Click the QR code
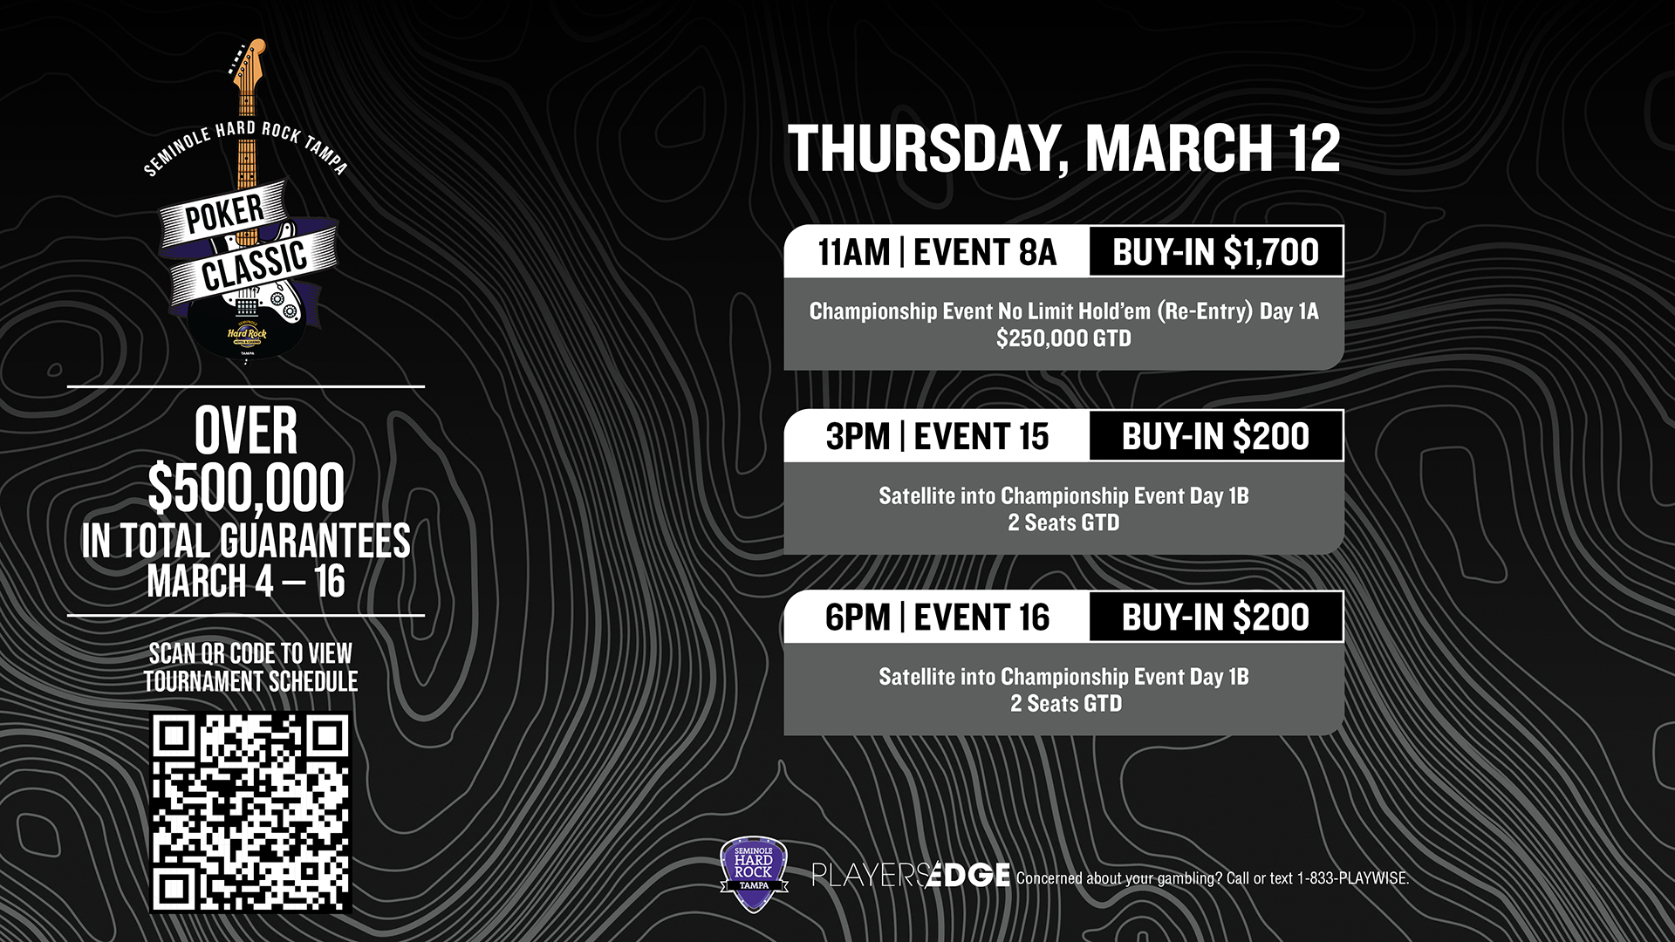[251, 813]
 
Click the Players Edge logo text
[911, 875]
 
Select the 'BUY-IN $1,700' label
[1215, 252]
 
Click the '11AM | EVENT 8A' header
[937, 253]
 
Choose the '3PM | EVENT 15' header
[937, 436]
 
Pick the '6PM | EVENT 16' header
[937, 618]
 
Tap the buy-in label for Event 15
[1215, 436]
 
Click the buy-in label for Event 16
[1215, 618]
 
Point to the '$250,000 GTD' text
[1063, 338]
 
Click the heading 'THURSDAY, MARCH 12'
[1063, 148]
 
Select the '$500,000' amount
[246, 488]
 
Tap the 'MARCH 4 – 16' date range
[246, 582]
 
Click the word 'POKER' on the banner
[224, 215]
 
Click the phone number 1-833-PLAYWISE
[1353, 878]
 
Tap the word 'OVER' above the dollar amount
[246, 431]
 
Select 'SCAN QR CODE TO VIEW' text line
[250, 653]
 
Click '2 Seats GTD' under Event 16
[1066, 704]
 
